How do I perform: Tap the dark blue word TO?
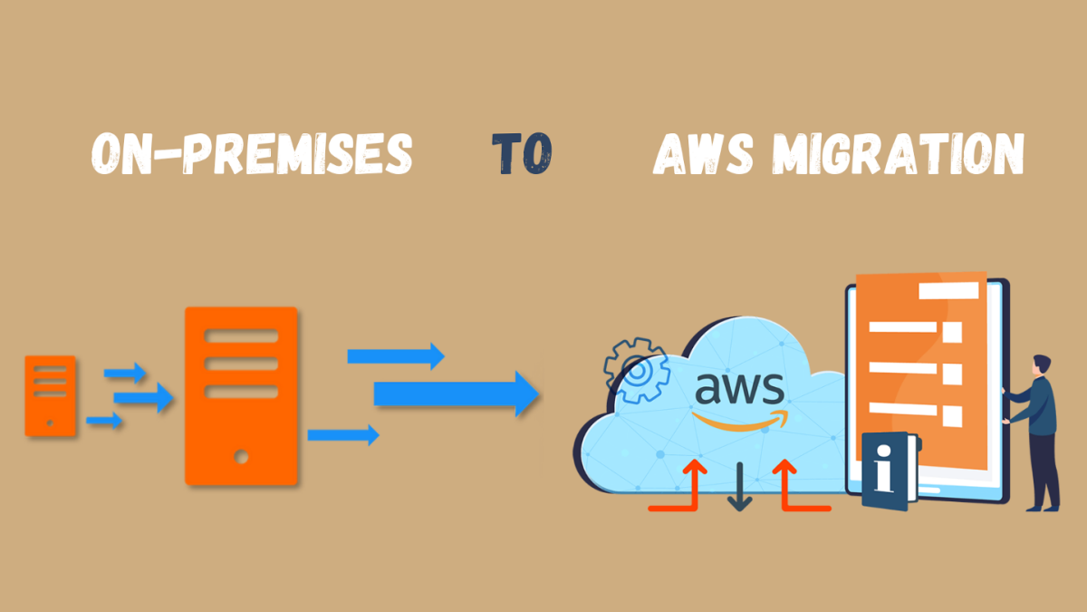click(522, 154)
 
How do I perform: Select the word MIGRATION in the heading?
click(898, 154)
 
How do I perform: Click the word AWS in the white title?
click(703, 154)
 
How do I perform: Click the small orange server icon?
click(50, 396)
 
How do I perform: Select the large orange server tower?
click(241, 395)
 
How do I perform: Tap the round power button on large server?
click(241, 457)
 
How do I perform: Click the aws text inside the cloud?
click(739, 390)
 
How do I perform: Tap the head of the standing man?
click(1042, 365)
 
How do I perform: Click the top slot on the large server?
click(241, 335)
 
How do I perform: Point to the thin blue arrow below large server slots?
click(342, 435)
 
